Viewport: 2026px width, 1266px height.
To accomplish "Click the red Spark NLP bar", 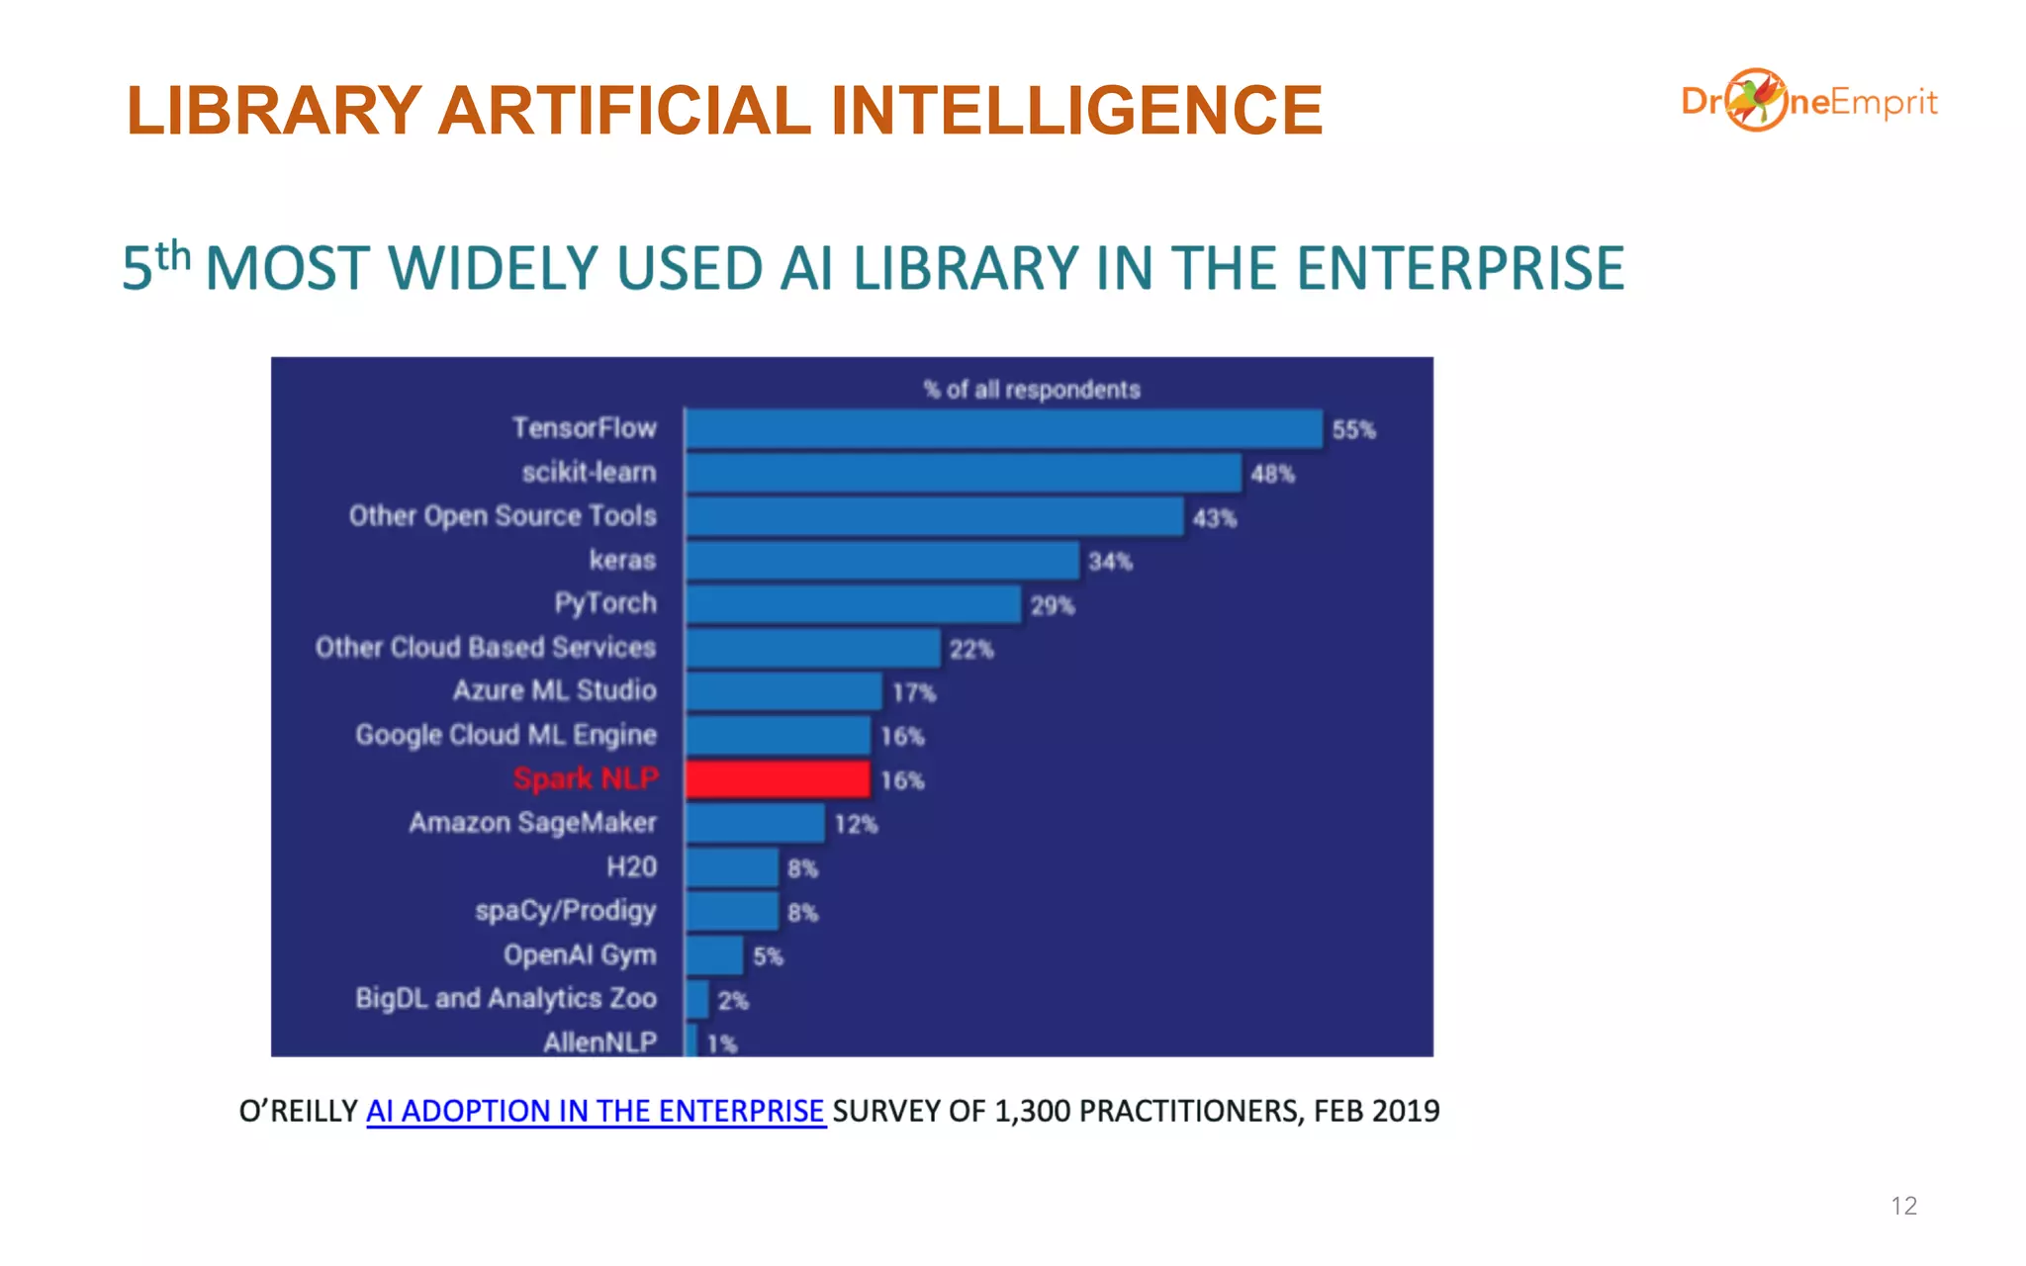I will pos(778,779).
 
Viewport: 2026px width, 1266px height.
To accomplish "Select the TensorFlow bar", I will pos(1003,429).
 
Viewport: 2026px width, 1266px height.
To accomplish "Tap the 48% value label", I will pos(1272,474).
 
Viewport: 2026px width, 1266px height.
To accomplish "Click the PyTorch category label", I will pos(604,603).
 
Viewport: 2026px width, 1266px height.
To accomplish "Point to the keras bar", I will pos(882,561).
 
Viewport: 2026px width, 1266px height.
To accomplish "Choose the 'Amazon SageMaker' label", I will pos(532,823).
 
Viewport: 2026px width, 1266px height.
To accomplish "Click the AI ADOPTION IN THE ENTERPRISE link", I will pos(596,1112).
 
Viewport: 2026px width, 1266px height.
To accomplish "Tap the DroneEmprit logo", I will pos(1808,101).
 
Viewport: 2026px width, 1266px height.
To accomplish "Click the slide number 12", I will pos(1903,1206).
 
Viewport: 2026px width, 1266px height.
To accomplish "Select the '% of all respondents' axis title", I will pos(1032,390).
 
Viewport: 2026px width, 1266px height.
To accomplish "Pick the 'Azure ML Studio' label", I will pos(554,690).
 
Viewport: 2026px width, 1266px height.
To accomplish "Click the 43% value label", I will pos(1214,518).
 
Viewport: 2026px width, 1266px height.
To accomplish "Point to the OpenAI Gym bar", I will pos(714,955).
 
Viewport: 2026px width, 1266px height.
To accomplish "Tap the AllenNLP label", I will pos(599,1041).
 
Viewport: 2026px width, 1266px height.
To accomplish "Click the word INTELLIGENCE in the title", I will pos(1076,110).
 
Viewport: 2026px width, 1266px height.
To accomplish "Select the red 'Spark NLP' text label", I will pos(586,779).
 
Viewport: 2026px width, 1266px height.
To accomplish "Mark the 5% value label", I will pos(768,956).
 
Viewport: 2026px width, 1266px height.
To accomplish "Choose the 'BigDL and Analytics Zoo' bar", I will pos(697,1000).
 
